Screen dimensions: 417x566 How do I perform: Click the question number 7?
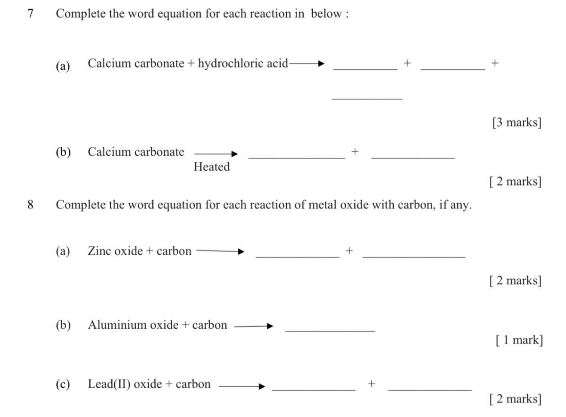[31, 14]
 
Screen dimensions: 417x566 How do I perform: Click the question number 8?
[31, 205]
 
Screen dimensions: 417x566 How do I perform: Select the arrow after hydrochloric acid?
[307, 64]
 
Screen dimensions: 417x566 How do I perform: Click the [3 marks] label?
[516, 123]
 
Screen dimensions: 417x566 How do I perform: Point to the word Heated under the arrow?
[212, 167]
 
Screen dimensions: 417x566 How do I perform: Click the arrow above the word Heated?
[216, 153]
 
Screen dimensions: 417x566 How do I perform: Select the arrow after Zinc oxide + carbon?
[220, 251]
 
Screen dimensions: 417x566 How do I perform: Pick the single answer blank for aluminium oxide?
[330, 330]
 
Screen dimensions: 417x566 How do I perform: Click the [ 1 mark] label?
[519, 340]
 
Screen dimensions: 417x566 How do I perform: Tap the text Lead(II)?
[109, 384]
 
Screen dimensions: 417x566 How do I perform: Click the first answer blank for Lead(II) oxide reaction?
[314, 390]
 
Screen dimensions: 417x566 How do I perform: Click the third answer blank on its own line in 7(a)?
[367, 99]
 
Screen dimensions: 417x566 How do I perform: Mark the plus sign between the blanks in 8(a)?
[349, 251]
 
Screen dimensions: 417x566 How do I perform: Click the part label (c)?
[63, 384]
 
